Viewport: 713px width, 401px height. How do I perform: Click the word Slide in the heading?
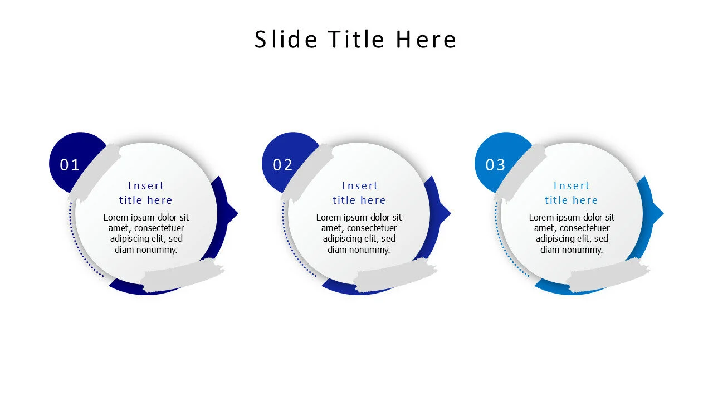[x=286, y=40]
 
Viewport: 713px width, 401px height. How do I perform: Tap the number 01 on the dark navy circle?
[x=70, y=165]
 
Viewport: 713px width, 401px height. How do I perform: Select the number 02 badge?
[x=282, y=165]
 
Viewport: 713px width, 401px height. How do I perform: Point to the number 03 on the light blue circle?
[x=495, y=165]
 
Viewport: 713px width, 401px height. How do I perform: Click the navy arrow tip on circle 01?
[x=233, y=213]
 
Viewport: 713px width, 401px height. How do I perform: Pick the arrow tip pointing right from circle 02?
[x=446, y=213]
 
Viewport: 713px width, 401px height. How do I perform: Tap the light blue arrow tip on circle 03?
[x=659, y=213]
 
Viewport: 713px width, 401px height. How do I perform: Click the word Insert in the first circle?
[x=146, y=186]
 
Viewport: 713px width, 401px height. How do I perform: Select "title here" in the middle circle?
[x=359, y=200]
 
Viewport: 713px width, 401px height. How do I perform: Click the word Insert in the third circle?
[x=572, y=186]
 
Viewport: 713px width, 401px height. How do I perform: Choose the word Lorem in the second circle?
[x=329, y=217]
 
